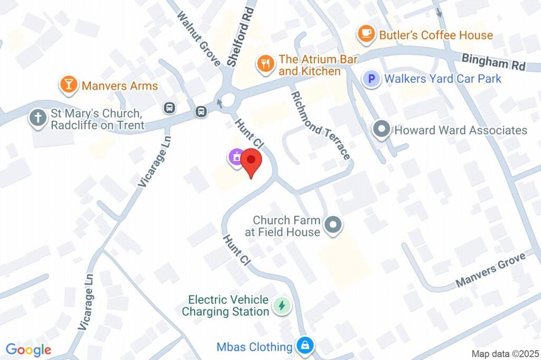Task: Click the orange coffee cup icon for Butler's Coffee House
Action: pyautogui.click(x=365, y=34)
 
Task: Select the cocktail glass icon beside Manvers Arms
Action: pyautogui.click(x=68, y=84)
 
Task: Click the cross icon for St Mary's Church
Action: pyautogui.click(x=38, y=118)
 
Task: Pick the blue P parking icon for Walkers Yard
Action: pyautogui.click(x=371, y=79)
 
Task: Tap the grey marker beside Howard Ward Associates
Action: pyautogui.click(x=381, y=129)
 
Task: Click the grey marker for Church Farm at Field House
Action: pyautogui.click(x=333, y=225)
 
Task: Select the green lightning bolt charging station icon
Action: pyautogui.click(x=281, y=305)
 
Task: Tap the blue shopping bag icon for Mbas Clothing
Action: pyautogui.click(x=305, y=346)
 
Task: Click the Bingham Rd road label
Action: pyautogui.click(x=493, y=62)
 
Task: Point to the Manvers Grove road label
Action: pyautogui.click(x=490, y=270)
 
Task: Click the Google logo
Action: pyautogui.click(x=29, y=349)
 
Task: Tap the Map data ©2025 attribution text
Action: pyautogui.click(x=504, y=354)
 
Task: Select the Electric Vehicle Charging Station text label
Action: pyautogui.click(x=226, y=306)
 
